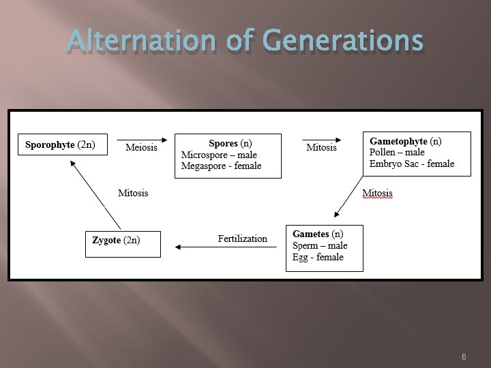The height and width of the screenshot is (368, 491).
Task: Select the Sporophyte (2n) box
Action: click(63, 144)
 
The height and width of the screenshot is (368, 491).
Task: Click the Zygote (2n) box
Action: click(123, 243)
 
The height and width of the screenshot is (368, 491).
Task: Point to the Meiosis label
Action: click(141, 148)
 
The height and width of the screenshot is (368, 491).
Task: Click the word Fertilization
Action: click(243, 239)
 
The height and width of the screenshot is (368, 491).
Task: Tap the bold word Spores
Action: click(223, 144)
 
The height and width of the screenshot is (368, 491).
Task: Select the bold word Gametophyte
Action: click(398, 142)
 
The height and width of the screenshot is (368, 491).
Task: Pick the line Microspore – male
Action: click(219, 155)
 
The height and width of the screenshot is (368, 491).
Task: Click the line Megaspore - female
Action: click(221, 166)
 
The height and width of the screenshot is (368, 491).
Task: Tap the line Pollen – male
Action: click(397, 153)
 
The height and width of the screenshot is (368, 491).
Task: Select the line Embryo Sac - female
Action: click(412, 164)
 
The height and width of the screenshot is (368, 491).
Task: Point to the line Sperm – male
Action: click(320, 245)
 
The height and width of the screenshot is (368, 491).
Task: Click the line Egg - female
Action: click(318, 257)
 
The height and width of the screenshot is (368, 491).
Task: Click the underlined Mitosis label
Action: click(377, 193)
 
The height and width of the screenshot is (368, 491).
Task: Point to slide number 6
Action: click(464, 357)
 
